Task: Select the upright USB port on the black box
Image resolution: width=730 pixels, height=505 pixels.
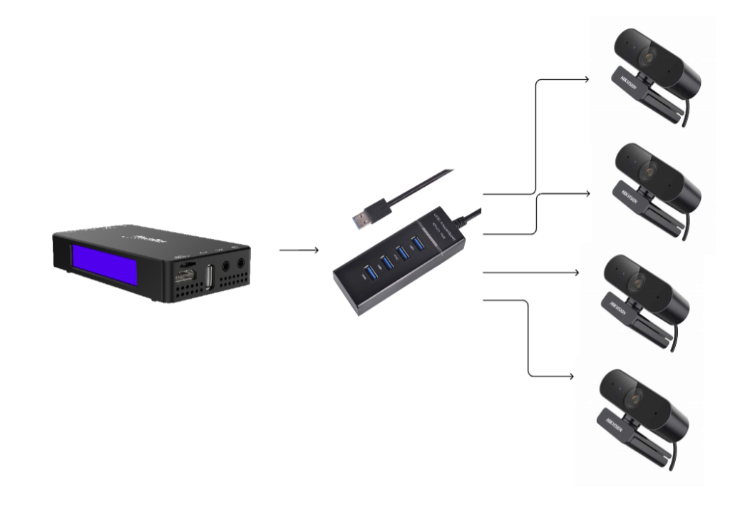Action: coord(209,275)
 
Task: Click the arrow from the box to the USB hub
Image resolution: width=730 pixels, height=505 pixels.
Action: coord(299,250)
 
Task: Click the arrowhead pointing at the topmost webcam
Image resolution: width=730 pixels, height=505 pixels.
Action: coord(585,79)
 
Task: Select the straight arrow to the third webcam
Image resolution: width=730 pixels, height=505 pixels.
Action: coord(531,272)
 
